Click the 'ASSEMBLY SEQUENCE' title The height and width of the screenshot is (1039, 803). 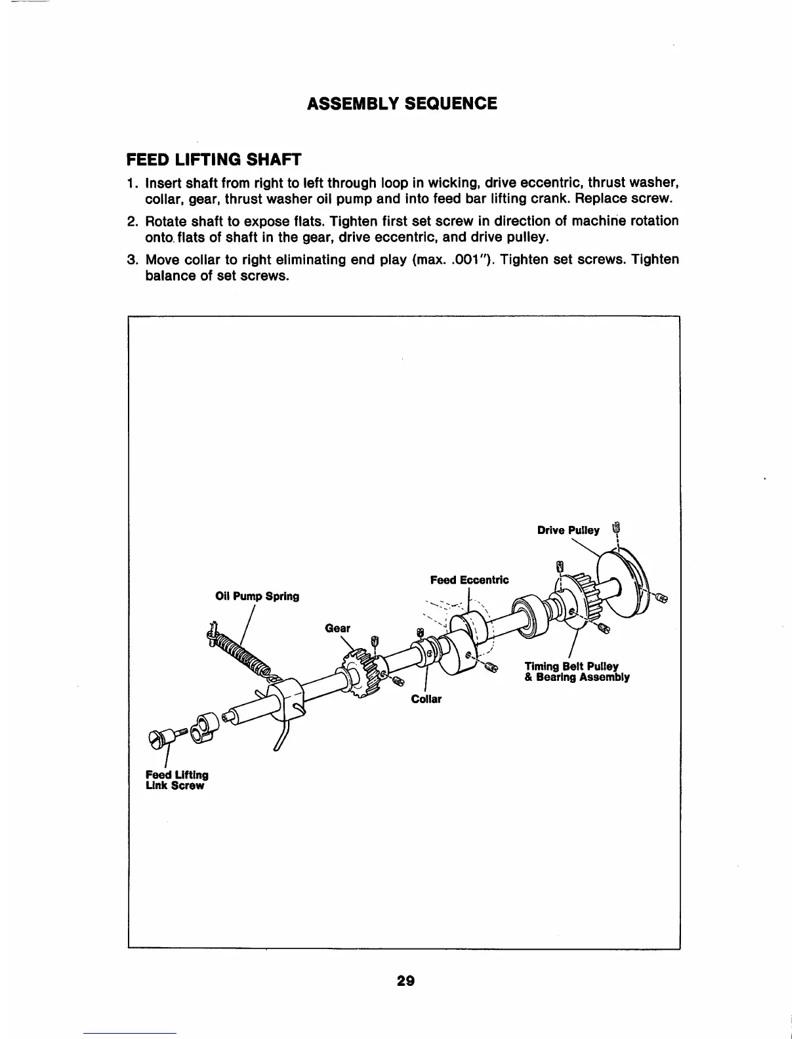402,104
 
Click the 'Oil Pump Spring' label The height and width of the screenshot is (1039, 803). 257,596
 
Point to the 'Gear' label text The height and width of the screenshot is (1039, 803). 338,628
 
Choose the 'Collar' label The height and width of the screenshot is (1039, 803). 426,699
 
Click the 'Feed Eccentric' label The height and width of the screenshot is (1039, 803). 469,580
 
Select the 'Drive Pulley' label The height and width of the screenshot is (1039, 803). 568,530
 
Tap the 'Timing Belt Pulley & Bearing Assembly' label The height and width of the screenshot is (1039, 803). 577,672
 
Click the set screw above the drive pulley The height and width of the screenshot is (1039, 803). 615,529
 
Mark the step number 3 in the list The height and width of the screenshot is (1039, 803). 131,260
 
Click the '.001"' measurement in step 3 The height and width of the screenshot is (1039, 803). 468,260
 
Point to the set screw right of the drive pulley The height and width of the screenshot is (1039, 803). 661,598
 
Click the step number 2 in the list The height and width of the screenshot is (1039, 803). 131,221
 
